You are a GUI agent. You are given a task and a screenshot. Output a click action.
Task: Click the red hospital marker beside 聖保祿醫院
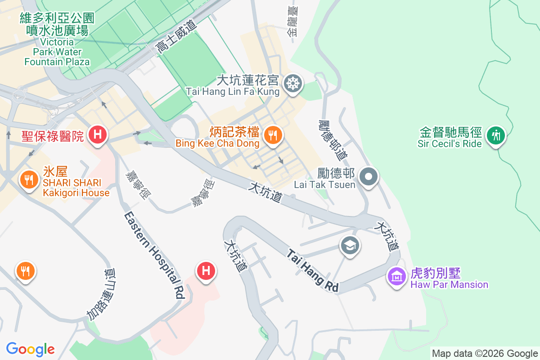97,135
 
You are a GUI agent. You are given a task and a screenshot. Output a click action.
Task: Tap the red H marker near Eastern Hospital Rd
206,270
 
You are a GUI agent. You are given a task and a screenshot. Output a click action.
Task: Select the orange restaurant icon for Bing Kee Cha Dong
273,135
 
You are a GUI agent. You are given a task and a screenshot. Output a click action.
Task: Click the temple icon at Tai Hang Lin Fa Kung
293,83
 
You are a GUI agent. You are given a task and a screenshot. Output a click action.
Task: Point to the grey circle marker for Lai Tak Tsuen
369,176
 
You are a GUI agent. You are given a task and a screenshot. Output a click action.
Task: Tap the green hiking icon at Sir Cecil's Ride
496,135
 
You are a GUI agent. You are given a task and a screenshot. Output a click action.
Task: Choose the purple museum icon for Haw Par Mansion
396,276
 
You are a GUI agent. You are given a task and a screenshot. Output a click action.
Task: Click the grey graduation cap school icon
350,246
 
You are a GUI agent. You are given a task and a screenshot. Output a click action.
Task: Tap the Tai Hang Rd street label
313,271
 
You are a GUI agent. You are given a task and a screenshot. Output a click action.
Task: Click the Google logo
30,349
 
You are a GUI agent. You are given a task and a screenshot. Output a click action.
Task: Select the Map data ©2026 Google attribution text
485,353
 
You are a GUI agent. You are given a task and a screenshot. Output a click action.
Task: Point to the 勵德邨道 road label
333,139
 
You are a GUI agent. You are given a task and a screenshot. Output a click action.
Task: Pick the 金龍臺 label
292,22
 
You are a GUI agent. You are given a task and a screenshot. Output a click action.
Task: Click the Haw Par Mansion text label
449,284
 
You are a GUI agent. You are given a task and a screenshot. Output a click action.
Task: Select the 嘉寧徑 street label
138,184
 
